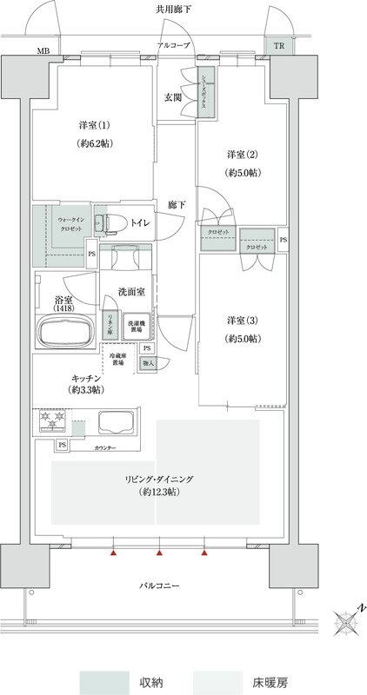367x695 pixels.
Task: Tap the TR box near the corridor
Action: point(278,46)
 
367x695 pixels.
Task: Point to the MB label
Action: point(43,50)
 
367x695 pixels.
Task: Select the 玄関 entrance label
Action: point(174,97)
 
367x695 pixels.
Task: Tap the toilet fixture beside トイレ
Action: point(103,223)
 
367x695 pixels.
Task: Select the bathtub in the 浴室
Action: point(66,333)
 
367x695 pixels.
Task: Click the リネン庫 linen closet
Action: point(110,325)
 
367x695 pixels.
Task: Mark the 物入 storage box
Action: point(149,363)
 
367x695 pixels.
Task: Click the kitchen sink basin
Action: point(115,423)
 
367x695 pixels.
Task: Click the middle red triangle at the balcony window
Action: point(159,552)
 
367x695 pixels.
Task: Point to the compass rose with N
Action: point(346,625)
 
